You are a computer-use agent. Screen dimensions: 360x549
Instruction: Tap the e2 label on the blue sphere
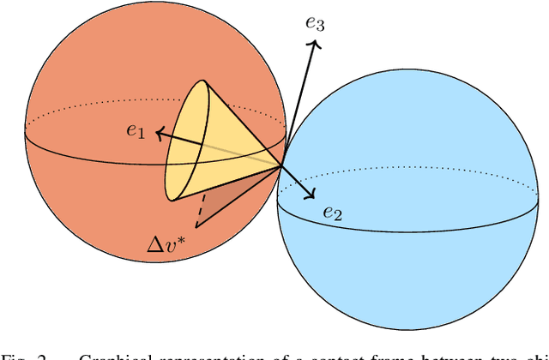point(332,213)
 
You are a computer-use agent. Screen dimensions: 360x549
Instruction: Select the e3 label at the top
point(315,23)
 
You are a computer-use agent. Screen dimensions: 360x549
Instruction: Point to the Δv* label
point(168,246)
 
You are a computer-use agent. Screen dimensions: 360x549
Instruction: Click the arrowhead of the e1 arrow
point(159,133)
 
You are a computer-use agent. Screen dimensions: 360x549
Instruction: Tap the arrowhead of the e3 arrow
point(315,45)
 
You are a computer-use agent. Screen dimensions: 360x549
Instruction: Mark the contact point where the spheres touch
point(283,166)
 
